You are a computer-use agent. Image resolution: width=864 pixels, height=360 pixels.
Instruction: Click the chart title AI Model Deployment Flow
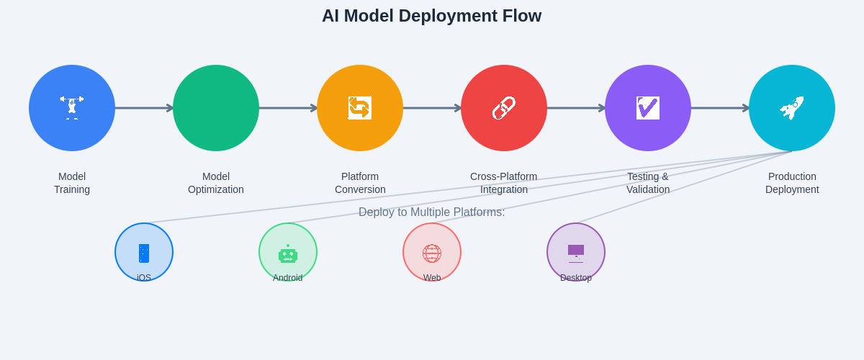tap(431, 16)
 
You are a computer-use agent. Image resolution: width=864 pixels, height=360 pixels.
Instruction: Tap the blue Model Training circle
tap(72, 108)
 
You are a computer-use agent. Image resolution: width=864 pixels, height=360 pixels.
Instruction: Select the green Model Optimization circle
tap(216, 108)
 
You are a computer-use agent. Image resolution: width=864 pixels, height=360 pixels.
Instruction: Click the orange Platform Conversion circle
tap(360, 108)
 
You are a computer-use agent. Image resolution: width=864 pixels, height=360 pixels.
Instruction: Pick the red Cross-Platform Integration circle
tap(504, 108)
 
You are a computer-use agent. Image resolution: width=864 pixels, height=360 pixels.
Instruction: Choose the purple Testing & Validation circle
tap(648, 108)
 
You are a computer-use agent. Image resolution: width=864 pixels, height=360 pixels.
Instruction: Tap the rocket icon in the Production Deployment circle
tap(792, 108)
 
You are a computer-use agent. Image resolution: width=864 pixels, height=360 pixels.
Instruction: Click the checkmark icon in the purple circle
tap(648, 108)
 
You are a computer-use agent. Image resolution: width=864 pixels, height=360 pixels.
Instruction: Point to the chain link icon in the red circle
tap(504, 108)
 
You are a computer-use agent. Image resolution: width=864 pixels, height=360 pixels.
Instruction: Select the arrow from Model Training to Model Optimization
tap(144, 108)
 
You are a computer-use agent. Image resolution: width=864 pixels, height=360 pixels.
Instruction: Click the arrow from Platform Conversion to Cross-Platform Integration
tap(432, 108)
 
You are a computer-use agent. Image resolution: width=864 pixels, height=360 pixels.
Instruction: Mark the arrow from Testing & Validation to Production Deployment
tap(720, 108)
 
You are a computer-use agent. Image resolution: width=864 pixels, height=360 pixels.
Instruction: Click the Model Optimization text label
tap(216, 183)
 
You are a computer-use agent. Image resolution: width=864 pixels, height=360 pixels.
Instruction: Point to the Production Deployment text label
tap(792, 183)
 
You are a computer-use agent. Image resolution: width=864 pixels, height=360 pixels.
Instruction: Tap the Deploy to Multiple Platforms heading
tap(431, 212)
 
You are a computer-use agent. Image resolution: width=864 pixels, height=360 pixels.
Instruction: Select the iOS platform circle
tap(144, 252)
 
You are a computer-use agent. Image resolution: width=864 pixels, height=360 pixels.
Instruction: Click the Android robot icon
tap(288, 254)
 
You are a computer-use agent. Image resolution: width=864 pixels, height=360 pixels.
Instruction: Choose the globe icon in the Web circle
tap(432, 253)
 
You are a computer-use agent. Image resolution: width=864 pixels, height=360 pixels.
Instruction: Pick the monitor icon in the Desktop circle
tap(576, 252)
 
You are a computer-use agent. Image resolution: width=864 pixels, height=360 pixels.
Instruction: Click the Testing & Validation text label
tap(648, 183)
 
